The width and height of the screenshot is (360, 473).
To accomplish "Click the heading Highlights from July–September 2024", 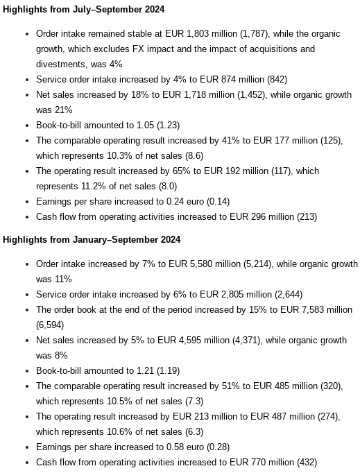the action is click(x=84, y=9).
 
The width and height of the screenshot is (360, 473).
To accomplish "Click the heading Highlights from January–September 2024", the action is click(x=92, y=239).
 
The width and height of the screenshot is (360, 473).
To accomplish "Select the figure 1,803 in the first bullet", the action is click(x=198, y=33).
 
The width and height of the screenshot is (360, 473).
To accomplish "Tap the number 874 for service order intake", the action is click(x=230, y=79).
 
